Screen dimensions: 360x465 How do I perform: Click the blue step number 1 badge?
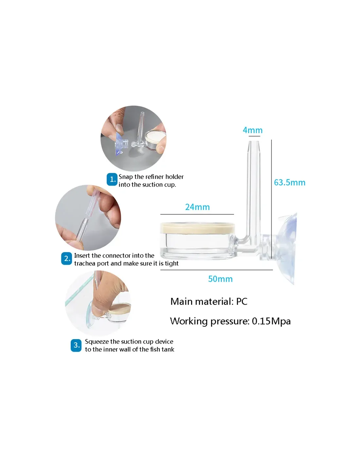112,179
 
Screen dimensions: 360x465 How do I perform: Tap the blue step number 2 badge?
67,259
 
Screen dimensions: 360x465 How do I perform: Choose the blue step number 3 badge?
76,345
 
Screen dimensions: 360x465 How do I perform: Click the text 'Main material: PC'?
209,301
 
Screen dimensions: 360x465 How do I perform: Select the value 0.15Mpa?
271,321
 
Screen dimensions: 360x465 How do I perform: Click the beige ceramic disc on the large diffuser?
197,228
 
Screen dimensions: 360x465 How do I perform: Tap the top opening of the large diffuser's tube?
254,142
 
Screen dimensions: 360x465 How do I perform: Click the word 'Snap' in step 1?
126,177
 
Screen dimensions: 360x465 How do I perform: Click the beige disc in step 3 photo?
120,309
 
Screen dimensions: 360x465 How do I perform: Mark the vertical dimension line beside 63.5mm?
271,199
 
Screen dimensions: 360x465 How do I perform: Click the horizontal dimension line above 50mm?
217,270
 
